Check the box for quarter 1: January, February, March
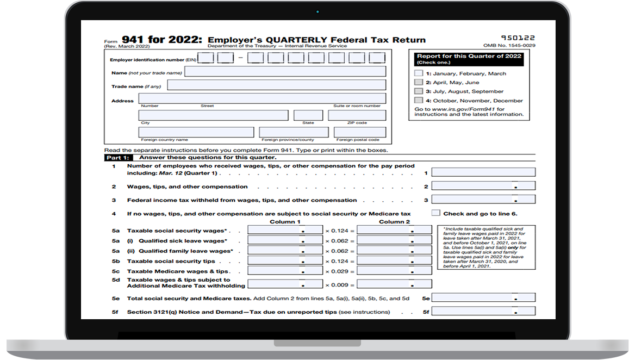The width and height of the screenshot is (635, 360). tap(418, 73)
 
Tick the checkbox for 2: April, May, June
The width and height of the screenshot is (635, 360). tap(418, 83)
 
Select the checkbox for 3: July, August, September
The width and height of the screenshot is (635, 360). tap(418, 91)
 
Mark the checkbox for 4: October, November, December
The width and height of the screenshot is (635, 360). tap(418, 101)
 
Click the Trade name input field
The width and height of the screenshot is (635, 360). tap(276, 85)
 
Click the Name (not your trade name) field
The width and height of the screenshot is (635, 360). tap(285, 72)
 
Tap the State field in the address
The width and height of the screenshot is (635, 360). tap(308, 115)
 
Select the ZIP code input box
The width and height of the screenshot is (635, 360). tap(357, 115)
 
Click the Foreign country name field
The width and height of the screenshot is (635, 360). tap(196, 132)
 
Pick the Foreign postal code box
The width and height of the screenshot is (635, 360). tap(360, 132)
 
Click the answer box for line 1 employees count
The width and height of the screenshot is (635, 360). tap(483, 172)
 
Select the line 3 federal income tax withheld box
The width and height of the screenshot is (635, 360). tap(483, 200)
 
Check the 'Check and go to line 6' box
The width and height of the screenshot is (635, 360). tap(436, 213)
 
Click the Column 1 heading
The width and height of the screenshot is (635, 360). tap(285, 222)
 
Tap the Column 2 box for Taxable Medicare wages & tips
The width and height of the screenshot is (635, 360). tap(394, 271)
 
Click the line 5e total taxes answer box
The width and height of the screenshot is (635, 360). tap(483, 298)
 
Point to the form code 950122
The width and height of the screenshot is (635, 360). tap(518, 38)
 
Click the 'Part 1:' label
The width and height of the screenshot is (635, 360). tap(116, 158)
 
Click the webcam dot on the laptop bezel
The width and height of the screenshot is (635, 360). tap(317, 12)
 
